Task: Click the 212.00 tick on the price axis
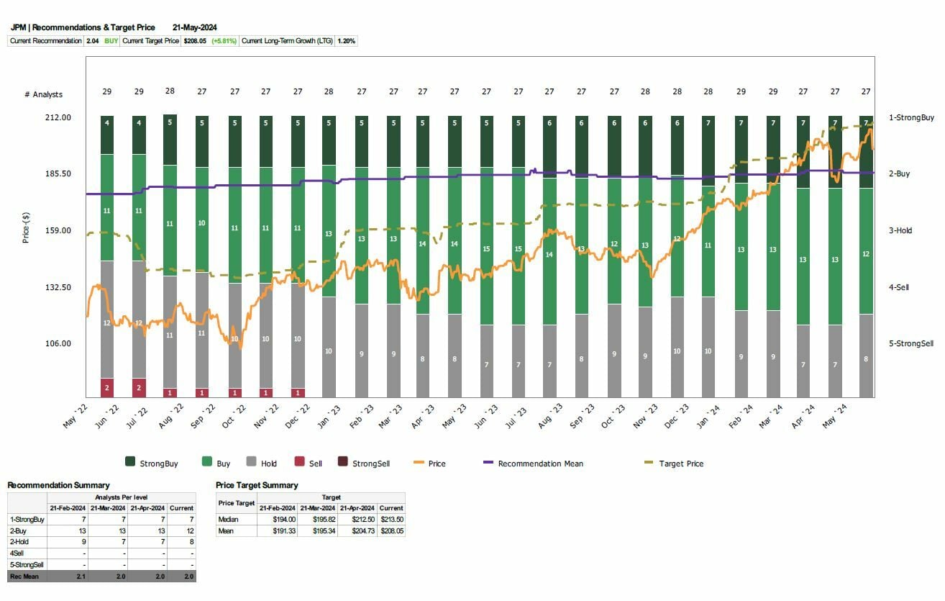pos(58,117)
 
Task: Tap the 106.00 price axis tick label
pos(58,343)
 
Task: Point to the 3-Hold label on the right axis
pos(900,231)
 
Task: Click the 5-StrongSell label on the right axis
pos(910,343)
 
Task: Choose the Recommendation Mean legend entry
pos(540,464)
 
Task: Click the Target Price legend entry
pos(681,464)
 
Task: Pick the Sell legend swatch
pos(299,463)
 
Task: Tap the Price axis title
pos(26,227)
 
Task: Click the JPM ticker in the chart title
pos(18,27)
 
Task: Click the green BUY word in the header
pos(111,41)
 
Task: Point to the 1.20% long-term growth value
pos(346,41)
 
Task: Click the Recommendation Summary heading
pos(58,485)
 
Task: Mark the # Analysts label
pos(43,94)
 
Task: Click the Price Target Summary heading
pos(257,485)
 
